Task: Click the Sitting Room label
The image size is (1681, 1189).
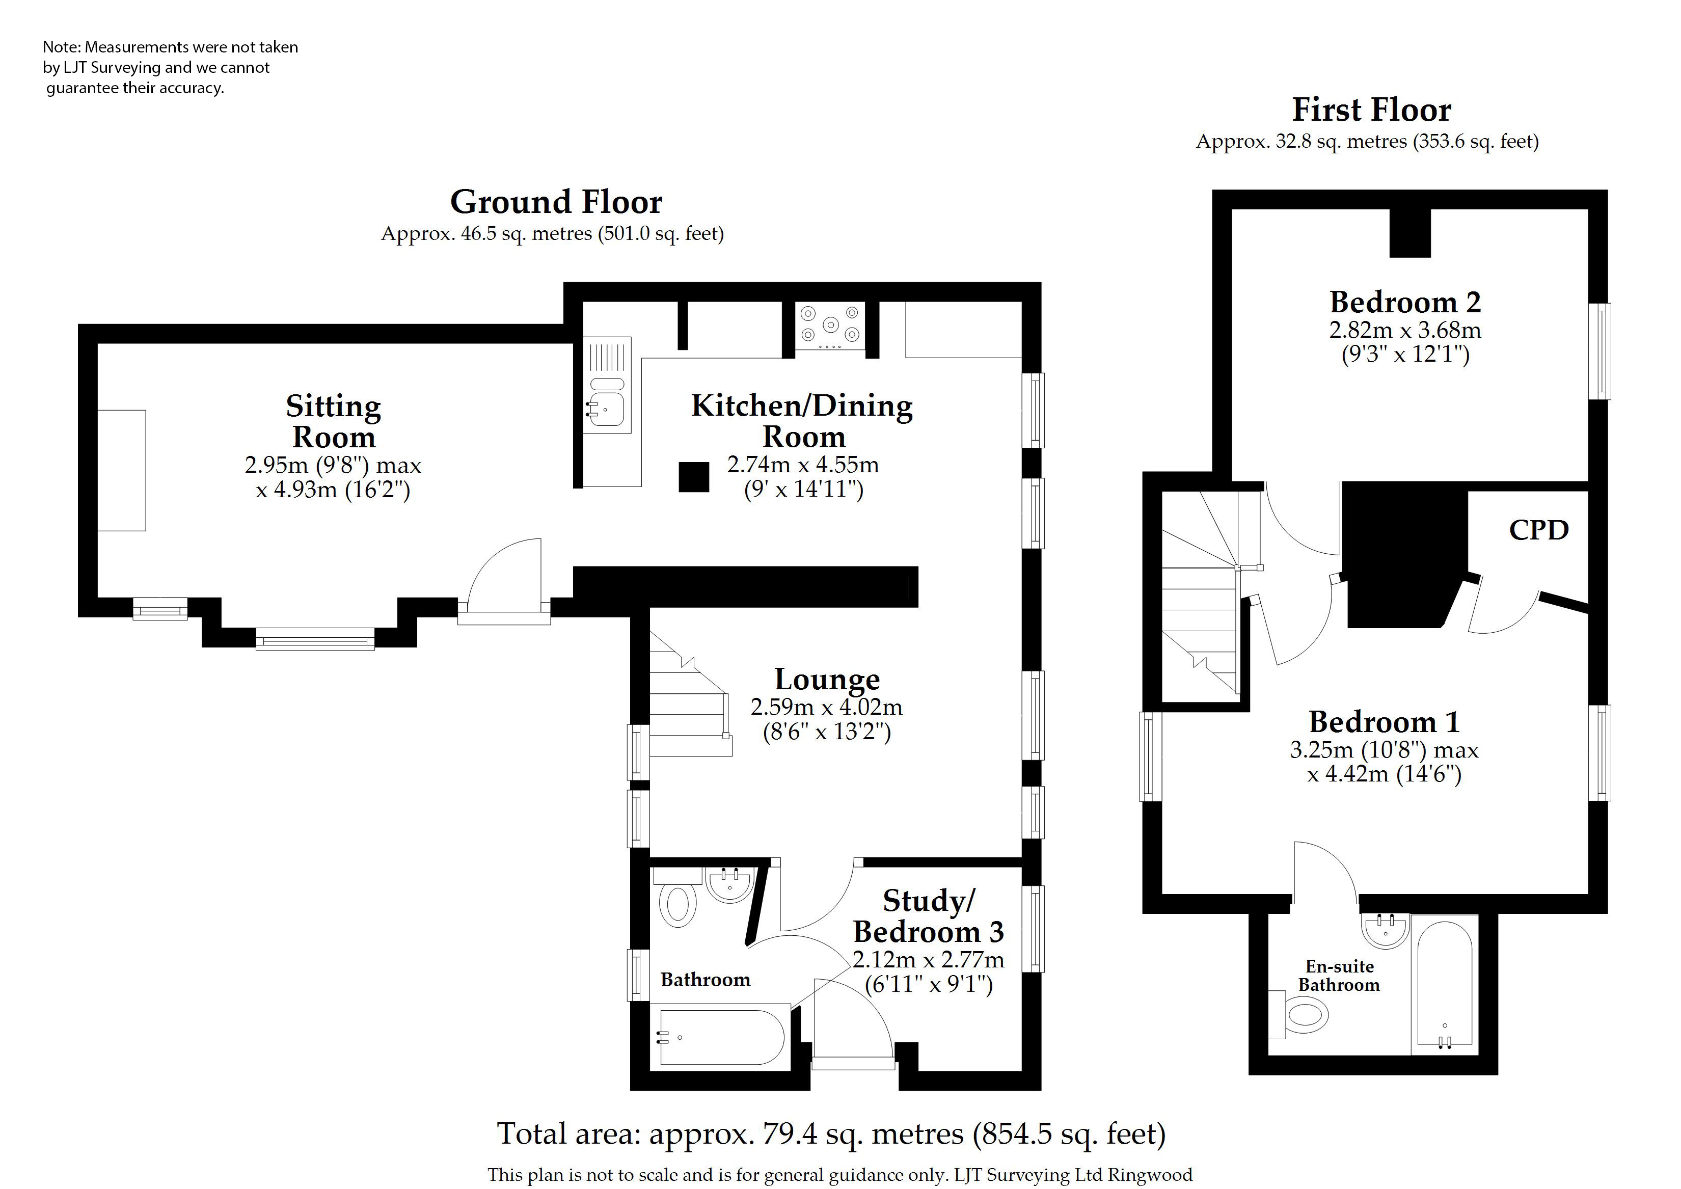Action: pos(333,421)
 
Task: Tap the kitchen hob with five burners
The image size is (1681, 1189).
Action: pos(830,326)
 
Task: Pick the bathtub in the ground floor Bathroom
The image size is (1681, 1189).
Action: pos(722,1037)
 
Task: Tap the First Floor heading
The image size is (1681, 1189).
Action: pos(1371,110)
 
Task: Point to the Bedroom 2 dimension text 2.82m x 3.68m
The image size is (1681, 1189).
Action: pos(1405,330)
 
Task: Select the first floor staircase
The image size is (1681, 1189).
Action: pos(1201,593)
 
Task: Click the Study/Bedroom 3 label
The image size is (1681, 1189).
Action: pos(928,916)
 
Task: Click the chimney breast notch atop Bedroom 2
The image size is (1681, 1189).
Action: pos(1410,233)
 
